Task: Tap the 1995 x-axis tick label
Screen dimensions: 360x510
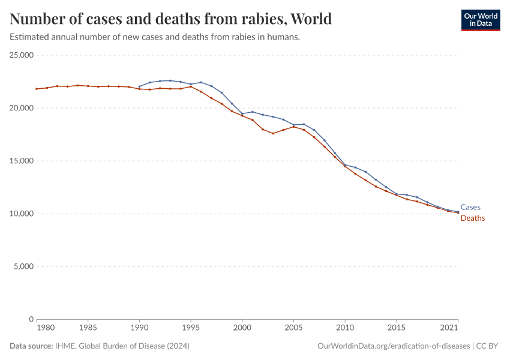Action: (191, 328)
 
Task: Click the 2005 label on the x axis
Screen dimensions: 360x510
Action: (293, 328)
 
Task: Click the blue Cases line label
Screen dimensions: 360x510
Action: (470, 208)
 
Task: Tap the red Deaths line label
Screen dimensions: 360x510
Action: (472, 218)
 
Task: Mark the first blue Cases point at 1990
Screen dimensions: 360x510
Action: (139, 86)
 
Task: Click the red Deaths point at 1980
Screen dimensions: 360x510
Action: (37, 89)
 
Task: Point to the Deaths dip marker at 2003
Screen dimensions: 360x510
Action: (273, 133)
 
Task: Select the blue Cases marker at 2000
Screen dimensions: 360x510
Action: (242, 114)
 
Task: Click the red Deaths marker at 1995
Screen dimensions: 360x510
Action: (191, 86)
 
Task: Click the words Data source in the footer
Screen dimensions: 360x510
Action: (29, 346)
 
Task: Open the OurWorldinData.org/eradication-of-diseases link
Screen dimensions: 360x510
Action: (393, 346)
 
